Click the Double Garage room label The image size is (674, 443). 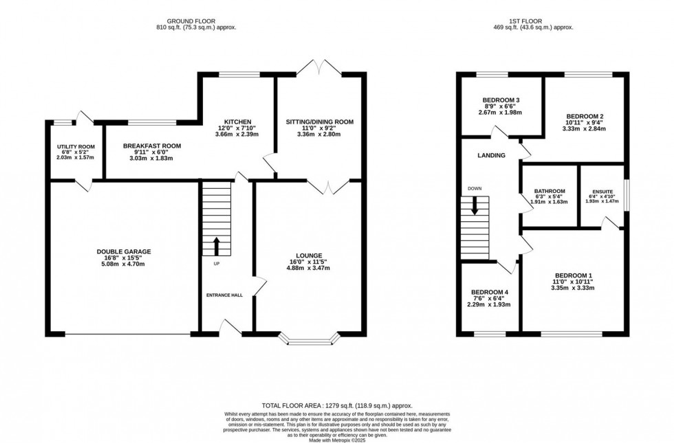[124, 252]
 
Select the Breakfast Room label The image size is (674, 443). [152, 146]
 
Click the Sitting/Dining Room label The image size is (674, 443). [319, 122]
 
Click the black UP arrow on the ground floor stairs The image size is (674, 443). [217, 247]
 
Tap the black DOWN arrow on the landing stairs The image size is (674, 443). [474, 207]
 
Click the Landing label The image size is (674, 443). [491, 156]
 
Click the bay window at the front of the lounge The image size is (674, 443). [309, 338]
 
